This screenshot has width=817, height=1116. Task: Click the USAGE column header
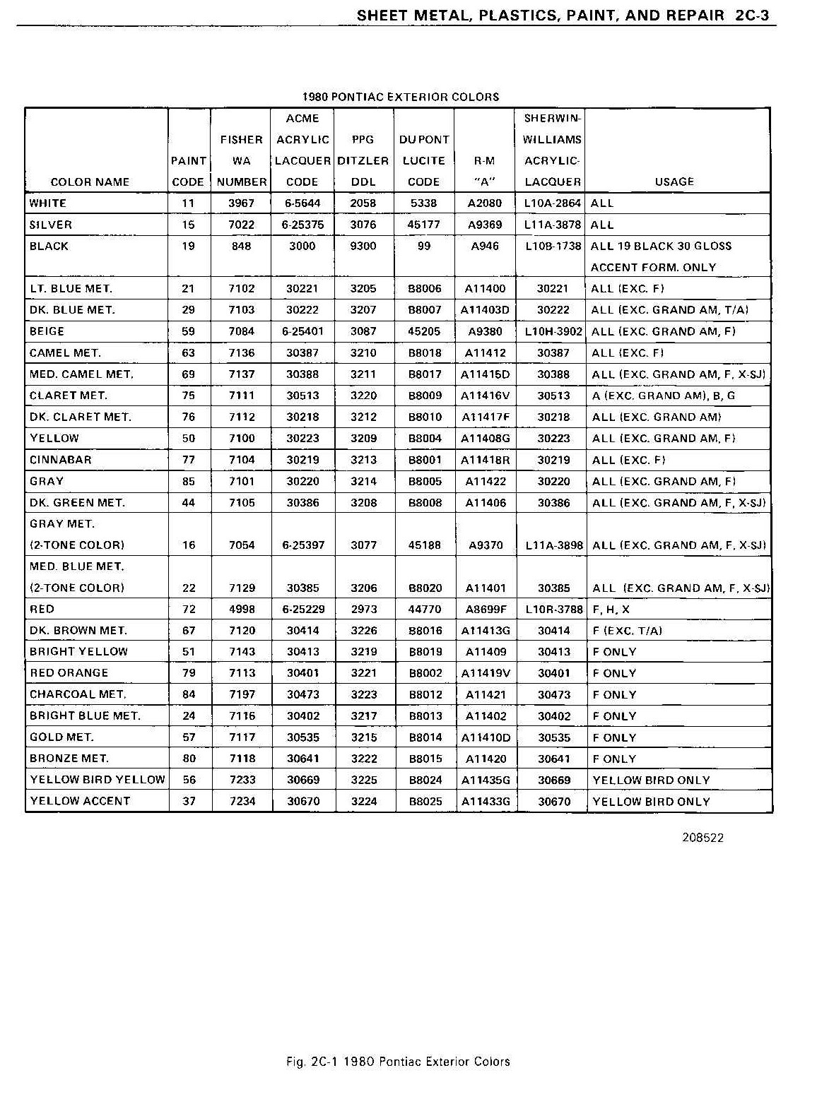[x=674, y=182]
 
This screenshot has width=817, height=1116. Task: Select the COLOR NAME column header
[x=90, y=182]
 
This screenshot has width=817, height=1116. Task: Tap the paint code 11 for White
[x=189, y=203]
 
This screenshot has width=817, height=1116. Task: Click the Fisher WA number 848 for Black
[x=241, y=246]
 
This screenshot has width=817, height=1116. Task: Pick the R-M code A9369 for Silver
[x=486, y=225]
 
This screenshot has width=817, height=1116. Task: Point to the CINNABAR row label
[x=61, y=460]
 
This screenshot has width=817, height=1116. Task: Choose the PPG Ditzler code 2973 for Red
[x=364, y=609]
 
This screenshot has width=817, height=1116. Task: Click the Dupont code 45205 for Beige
[x=424, y=331]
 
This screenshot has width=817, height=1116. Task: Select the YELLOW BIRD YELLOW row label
[x=98, y=780]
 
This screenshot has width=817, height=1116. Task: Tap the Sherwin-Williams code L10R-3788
[x=554, y=609]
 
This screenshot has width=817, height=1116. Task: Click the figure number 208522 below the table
[x=703, y=838]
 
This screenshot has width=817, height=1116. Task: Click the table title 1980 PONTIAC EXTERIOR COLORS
[x=401, y=97]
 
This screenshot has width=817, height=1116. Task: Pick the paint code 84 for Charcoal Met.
[x=189, y=694]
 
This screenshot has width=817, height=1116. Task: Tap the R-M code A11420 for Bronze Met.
[x=486, y=759]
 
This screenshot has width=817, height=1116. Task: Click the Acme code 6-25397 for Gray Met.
[x=303, y=545]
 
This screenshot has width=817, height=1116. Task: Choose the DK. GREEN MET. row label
[x=78, y=503]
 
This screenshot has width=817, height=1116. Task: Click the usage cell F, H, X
[x=611, y=609]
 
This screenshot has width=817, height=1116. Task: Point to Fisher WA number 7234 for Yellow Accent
[x=242, y=801]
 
